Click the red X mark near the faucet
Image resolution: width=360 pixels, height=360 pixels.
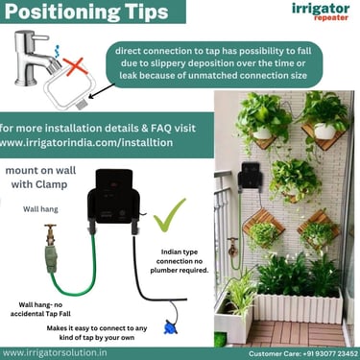point(76,66)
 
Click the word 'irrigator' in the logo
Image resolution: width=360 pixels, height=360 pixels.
point(321,8)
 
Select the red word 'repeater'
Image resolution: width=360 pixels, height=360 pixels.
point(331,17)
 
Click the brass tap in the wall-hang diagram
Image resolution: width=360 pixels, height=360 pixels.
point(51,234)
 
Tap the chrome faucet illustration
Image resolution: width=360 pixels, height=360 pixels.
point(35,59)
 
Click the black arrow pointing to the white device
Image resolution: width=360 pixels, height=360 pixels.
point(103,90)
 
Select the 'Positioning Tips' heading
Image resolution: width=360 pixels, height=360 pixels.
point(86,12)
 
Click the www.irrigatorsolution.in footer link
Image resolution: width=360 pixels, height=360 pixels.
point(55,353)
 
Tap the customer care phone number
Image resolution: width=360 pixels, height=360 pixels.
point(330,353)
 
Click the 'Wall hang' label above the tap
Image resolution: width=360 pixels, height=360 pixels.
point(40,209)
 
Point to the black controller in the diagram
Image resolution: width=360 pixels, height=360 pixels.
point(114,200)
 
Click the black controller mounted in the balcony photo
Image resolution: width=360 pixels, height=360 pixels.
point(251,176)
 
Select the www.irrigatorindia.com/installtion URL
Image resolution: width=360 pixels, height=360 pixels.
point(86,142)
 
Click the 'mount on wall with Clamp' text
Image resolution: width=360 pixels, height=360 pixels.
point(40,178)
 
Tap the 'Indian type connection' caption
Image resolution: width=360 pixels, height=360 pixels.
point(180,261)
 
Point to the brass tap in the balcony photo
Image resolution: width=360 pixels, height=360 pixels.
point(232,246)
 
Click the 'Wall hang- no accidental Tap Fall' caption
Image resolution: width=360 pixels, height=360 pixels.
point(40,309)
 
